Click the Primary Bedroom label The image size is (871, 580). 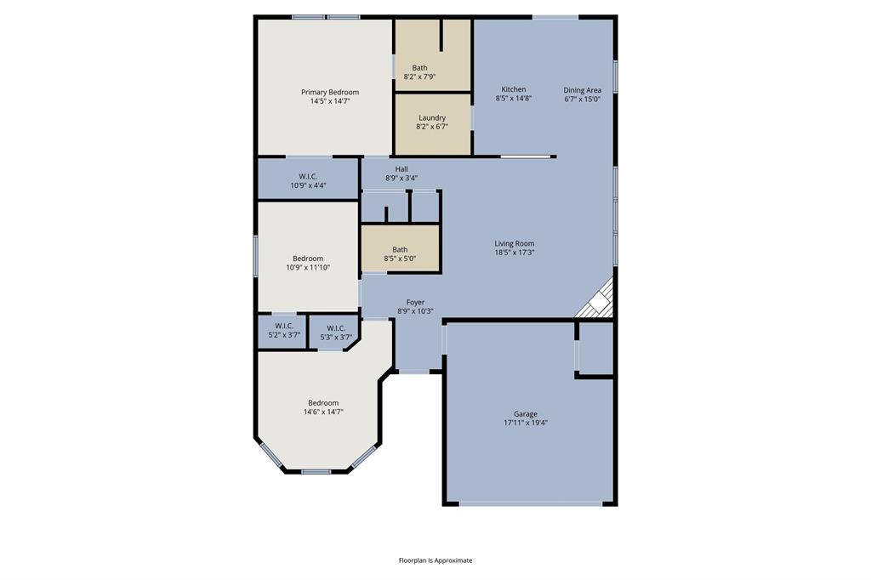[x=330, y=92]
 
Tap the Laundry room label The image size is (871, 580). [x=432, y=118]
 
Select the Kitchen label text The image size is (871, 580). [x=513, y=89]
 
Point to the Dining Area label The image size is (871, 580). [x=582, y=90]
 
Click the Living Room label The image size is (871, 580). [x=515, y=243]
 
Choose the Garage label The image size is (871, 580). [x=525, y=414]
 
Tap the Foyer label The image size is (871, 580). [x=415, y=302]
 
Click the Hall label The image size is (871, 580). [x=401, y=169]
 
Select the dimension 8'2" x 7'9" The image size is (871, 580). [x=420, y=77]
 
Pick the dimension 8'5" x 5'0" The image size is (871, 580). [x=400, y=259]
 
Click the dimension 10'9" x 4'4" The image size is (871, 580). [x=308, y=185]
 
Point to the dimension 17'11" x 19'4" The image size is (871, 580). [x=525, y=423]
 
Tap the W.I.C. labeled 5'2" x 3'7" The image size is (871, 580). [x=284, y=330]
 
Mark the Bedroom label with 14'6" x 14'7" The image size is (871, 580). [x=323, y=403]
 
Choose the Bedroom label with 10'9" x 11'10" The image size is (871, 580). [x=308, y=259]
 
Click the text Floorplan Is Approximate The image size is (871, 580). [x=435, y=560]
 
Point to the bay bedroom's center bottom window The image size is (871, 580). [x=316, y=471]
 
